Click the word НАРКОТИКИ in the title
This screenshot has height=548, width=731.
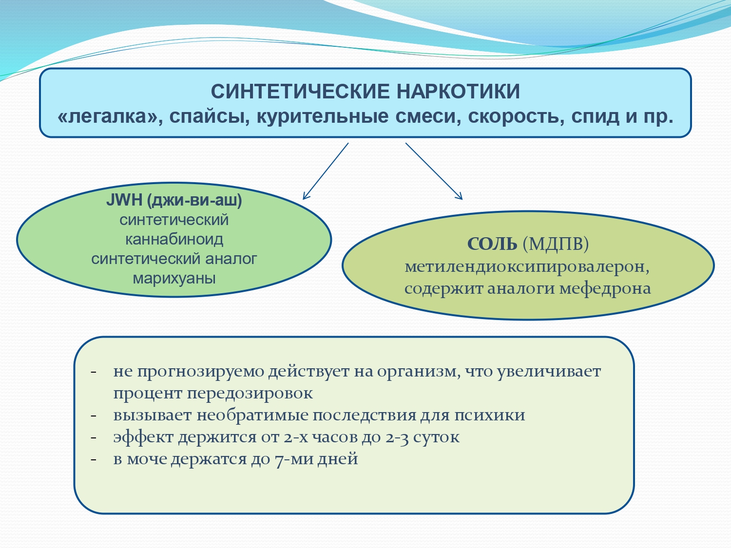pos(458,92)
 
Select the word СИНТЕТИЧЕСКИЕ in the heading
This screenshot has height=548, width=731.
pos(300,92)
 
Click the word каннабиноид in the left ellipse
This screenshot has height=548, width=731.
pos(174,239)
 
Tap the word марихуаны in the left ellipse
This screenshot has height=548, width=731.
pos(174,279)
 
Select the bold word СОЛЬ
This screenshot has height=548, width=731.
pos(492,244)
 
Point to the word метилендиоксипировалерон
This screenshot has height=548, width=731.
pos(525,266)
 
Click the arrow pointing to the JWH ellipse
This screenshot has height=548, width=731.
pos(326,171)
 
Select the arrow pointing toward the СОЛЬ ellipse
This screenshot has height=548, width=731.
pos(434,171)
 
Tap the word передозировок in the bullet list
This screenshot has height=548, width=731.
pos(250,393)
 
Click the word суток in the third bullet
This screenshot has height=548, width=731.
pos(436,437)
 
